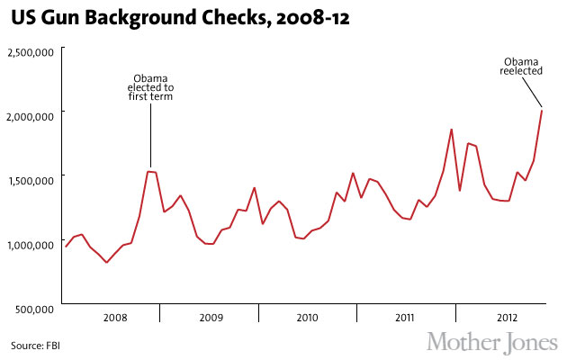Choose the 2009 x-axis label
(x=211, y=318)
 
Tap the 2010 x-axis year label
(x=309, y=318)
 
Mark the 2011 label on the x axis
(x=405, y=318)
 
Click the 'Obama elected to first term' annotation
(x=150, y=87)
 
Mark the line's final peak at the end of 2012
(x=542, y=111)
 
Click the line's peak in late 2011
(x=451, y=130)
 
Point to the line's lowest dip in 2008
(x=106, y=263)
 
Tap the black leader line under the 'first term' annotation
(x=150, y=135)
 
